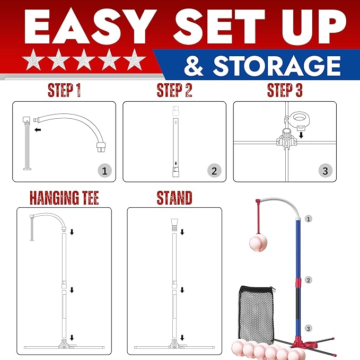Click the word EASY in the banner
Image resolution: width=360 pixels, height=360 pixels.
tap(90, 27)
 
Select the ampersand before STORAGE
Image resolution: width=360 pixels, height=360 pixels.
tap(194, 66)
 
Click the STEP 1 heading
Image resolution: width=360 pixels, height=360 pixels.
tap(64, 90)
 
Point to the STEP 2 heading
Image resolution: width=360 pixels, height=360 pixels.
tap(174, 90)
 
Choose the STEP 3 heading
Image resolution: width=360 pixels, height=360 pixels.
tap(285, 90)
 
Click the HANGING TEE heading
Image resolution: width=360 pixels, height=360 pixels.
tap(64, 198)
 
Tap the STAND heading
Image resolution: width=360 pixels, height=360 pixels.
tap(174, 198)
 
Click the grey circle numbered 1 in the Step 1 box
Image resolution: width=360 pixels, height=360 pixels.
tap(104, 171)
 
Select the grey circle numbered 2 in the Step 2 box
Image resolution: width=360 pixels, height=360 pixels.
tap(214, 171)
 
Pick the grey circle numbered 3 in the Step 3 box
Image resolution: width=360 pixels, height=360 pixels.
tap(325, 171)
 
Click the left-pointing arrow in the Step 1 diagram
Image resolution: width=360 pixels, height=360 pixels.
tap(38, 130)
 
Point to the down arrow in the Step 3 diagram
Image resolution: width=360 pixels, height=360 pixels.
tap(301, 135)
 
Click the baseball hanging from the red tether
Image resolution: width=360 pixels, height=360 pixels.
tap(258, 243)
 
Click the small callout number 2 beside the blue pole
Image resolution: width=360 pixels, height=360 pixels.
tap(308, 280)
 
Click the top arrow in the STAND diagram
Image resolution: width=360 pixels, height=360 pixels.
tap(182, 232)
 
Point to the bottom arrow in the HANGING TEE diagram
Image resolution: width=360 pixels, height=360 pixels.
tap(72, 338)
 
